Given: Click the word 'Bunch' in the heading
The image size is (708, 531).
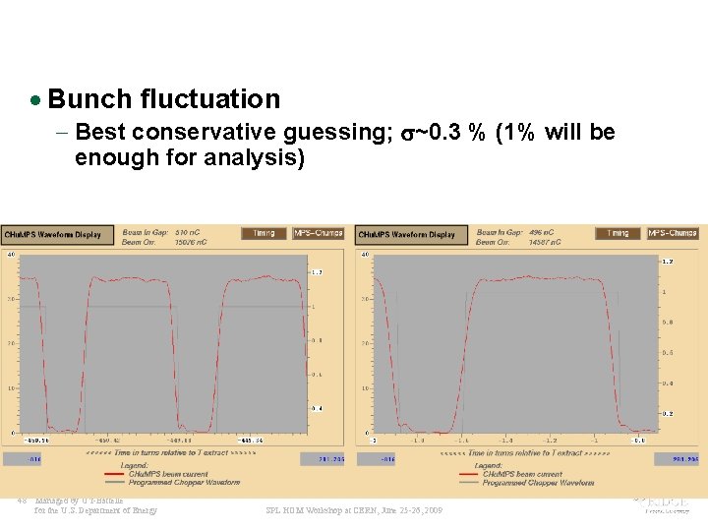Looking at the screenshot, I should coord(89,99).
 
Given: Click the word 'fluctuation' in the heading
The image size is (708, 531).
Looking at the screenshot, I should coord(210,99).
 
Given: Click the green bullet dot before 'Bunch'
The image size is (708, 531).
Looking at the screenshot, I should coord(35,100).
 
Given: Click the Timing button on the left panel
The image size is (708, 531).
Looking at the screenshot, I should coord(263,233).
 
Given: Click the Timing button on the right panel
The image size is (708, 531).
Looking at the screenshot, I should coord(617,233).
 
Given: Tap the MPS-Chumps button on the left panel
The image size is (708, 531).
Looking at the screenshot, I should coord(318,233).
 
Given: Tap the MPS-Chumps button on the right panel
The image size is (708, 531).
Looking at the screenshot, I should coord(672,233).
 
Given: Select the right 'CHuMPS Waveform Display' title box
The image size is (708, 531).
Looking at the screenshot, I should coord(406,234).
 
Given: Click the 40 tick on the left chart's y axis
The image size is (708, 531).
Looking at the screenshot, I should coord(10,254).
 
